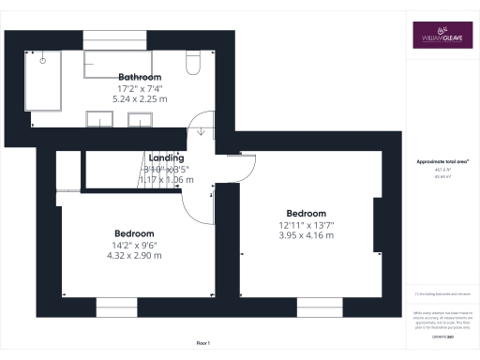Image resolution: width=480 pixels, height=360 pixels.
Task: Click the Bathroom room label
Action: click(x=140, y=77)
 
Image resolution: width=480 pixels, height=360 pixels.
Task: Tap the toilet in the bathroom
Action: click(x=192, y=63)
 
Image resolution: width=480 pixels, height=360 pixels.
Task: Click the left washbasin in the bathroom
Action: click(x=98, y=119)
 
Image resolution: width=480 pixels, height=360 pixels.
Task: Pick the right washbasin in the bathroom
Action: click(x=140, y=119)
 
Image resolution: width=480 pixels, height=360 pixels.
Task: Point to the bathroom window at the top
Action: click(x=114, y=40)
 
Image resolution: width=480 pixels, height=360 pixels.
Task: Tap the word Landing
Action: click(x=167, y=159)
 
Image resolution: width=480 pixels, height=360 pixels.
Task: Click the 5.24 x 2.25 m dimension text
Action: click(x=140, y=97)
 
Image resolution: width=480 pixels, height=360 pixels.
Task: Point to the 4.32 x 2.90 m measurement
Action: click(x=134, y=255)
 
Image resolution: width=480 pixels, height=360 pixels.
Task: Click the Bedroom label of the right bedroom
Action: click(x=307, y=213)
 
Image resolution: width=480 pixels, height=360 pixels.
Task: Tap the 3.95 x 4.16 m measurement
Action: click(x=307, y=234)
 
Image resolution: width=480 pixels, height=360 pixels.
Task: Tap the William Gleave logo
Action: click(x=442, y=35)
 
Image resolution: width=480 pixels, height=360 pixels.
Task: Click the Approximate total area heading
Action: click(x=442, y=161)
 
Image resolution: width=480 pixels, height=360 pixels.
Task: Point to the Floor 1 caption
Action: click(x=203, y=344)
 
